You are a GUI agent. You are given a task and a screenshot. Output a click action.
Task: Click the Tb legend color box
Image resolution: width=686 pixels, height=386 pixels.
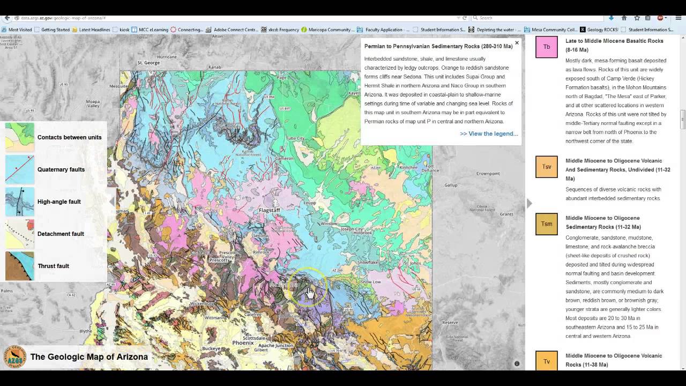(546, 47)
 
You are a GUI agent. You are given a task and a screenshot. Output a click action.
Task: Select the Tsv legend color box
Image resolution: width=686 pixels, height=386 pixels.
(546, 167)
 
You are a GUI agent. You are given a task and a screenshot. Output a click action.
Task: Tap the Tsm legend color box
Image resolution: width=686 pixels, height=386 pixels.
(546, 224)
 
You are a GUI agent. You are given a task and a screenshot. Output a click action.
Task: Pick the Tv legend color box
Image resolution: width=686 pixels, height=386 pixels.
(546, 361)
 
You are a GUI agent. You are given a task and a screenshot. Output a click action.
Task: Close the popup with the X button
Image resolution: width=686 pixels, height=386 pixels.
(517, 43)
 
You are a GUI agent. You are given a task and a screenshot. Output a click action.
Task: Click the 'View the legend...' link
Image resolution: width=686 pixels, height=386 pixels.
(488, 133)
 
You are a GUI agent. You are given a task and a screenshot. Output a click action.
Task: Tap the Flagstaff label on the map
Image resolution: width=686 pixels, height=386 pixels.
(269, 210)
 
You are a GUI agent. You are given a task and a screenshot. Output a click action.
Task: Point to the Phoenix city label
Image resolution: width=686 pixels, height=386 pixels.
(243, 343)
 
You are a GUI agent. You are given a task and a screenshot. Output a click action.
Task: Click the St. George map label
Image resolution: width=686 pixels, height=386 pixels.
(148, 63)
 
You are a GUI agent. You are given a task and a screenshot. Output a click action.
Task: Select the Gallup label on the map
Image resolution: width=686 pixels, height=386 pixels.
(451, 185)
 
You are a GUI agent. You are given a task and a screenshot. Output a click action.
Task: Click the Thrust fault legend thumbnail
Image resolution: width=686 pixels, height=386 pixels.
(20, 266)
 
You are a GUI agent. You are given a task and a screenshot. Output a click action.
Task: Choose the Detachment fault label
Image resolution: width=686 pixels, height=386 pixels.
(61, 234)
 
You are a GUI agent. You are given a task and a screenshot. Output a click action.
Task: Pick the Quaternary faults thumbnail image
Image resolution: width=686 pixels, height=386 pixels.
(20, 169)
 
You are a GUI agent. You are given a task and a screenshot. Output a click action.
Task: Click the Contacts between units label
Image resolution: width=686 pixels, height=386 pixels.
(69, 137)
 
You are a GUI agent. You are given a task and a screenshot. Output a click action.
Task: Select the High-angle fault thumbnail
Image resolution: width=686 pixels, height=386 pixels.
(20, 202)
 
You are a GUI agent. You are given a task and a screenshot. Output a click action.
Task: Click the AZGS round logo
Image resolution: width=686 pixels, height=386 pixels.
(14, 357)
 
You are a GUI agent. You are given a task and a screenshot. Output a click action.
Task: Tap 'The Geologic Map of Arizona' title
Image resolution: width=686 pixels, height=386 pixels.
(89, 357)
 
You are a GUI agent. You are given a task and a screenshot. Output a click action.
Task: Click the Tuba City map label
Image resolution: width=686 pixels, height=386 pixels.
(295, 138)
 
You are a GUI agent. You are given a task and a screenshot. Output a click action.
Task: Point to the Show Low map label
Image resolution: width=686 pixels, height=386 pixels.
(370, 281)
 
